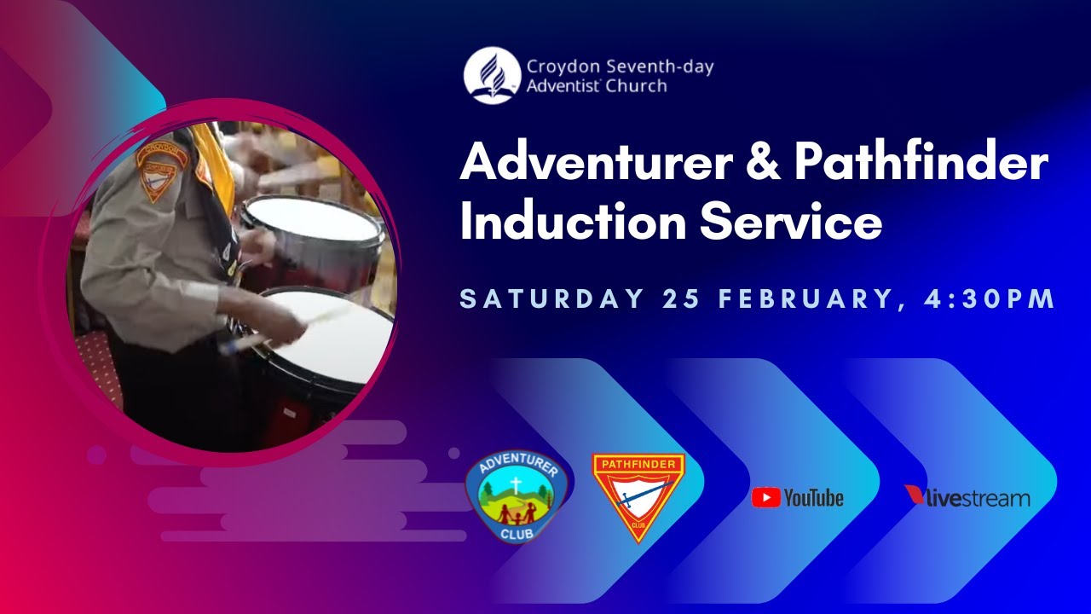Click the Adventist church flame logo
[492, 76]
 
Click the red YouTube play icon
[765, 498]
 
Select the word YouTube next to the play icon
[813, 498]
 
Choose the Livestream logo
[967, 497]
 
